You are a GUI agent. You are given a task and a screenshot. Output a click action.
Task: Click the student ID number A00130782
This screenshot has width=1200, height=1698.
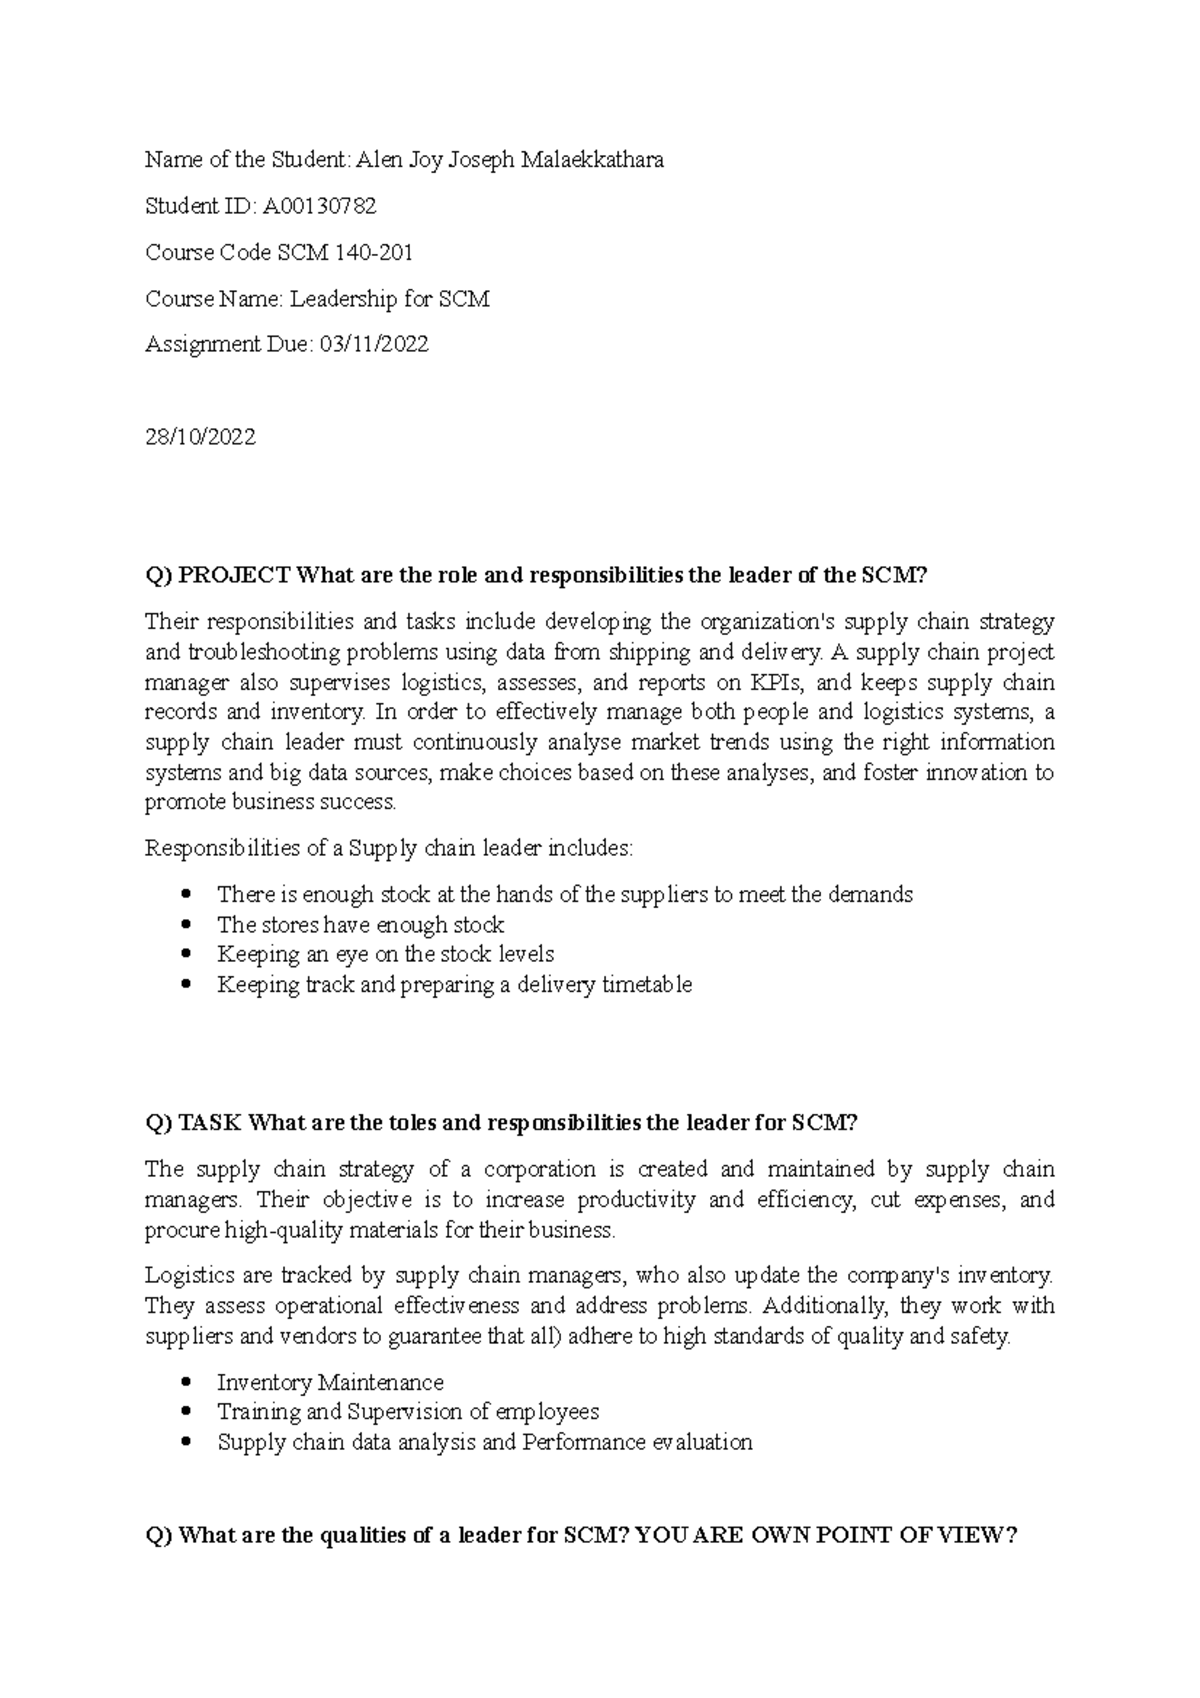[319, 206]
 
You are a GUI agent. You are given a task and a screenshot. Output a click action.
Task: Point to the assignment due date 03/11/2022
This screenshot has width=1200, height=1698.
[373, 344]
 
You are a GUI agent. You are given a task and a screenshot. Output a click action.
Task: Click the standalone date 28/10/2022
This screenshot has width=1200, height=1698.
[200, 437]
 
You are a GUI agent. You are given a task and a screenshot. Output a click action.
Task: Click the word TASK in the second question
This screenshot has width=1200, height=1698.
[211, 1123]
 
